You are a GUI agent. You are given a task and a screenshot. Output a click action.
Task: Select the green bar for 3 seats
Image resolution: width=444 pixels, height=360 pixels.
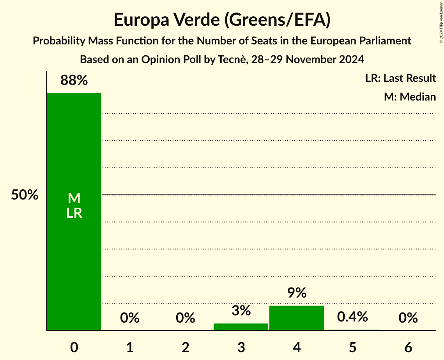click(x=241, y=327)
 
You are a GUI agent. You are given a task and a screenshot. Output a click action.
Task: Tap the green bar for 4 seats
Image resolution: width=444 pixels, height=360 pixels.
click(x=297, y=318)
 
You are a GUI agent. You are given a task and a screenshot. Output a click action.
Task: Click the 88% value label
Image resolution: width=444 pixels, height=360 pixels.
click(x=74, y=81)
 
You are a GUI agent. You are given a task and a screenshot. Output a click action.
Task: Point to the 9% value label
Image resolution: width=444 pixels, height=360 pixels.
click(x=297, y=293)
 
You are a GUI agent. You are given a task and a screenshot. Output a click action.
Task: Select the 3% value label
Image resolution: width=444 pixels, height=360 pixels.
click(x=241, y=311)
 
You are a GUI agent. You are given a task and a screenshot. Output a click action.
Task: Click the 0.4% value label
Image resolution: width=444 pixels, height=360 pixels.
click(x=352, y=317)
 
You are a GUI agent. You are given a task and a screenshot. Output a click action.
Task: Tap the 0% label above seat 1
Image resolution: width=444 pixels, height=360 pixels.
click(x=130, y=318)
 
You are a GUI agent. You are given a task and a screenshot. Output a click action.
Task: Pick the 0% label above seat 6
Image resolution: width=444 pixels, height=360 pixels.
click(x=408, y=318)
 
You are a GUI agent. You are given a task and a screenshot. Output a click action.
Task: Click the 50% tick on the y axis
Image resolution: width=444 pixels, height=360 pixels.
click(x=25, y=195)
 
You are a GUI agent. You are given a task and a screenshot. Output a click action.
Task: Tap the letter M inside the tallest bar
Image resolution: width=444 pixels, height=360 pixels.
click(x=74, y=198)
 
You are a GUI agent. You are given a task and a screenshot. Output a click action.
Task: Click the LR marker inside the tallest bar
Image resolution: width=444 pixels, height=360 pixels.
click(x=74, y=213)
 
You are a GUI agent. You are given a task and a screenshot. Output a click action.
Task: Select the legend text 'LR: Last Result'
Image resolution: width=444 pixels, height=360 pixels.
click(x=400, y=78)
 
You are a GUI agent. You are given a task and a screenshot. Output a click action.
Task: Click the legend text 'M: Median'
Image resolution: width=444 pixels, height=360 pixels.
click(x=410, y=97)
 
